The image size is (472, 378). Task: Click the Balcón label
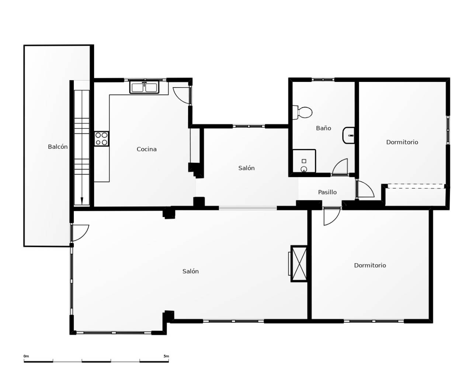[x=58, y=147]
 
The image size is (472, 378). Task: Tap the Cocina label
[x=146, y=149]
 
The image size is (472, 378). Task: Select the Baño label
[x=323, y=128]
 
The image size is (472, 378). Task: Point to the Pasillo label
[x=327, y=192]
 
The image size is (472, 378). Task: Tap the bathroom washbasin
[x=348, y=135]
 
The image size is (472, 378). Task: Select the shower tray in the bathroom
[x=304, y=161]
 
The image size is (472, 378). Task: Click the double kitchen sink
[x=144, y=87]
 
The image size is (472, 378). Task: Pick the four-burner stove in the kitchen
[x=101, y=139]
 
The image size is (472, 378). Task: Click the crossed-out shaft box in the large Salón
[x=299, y=264]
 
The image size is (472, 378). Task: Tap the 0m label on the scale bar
[x=26, y=356]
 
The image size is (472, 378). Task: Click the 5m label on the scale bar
[x=166, y=356]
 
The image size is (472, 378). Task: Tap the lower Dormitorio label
[x=370, y=265]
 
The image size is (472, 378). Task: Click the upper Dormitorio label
[x=402, y=142]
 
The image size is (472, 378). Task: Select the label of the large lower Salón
[x=191, y=271]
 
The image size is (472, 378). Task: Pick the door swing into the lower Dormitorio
[x=332, y=217]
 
